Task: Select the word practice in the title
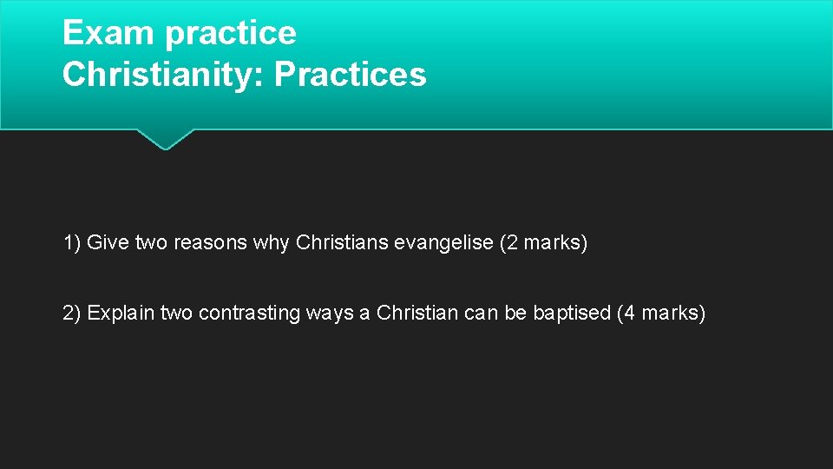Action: pos(230,33)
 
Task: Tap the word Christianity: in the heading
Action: pos(164,75)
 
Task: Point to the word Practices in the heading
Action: pos(351,75)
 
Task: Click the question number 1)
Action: pos(72,243)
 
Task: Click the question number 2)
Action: pos(72,313)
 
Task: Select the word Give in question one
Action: pos(108,243)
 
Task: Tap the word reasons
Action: pos(210,243)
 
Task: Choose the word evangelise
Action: pos(443,243)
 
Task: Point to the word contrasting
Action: pos(250,313)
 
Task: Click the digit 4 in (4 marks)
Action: pos(629,313)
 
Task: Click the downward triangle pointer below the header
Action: pos(165,139)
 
